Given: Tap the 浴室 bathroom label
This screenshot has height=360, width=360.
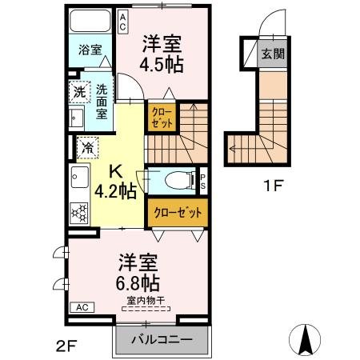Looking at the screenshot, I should click(x=90, y=50).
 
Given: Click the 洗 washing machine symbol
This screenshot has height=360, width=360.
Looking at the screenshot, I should click(x=79, y=91).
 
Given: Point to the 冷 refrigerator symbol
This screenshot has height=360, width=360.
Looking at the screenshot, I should click(x=87, y=147).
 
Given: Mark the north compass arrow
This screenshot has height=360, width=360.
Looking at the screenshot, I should click(x=306, y=339).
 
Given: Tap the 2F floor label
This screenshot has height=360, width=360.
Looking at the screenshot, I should click(x=66, y=346).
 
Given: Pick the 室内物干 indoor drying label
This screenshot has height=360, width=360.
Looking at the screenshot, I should click(x=145, y=302).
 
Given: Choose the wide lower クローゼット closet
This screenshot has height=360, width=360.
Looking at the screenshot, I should click(x=177, y=213).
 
